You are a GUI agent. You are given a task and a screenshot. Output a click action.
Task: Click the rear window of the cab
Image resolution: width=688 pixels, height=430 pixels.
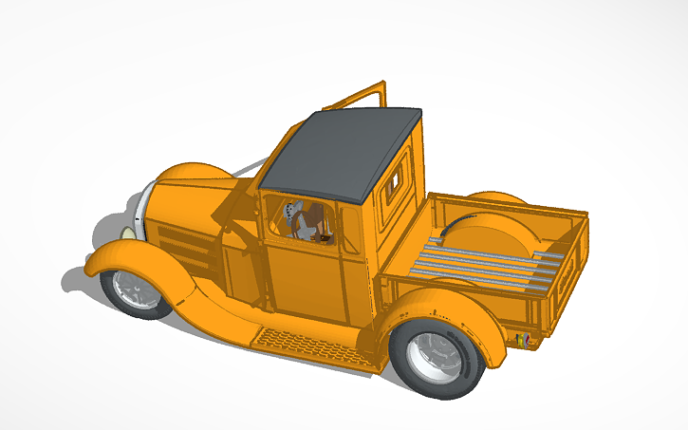click(393, 181)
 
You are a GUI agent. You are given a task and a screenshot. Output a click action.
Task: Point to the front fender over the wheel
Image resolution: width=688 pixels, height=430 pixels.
click(133, 253)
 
